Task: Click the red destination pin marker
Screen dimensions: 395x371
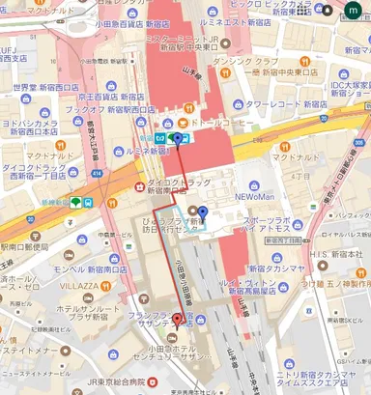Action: (x=176, y=323)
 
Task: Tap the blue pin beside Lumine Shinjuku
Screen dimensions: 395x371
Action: (x=176, y=139)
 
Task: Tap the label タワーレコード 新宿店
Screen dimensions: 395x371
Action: (x=286, y=103)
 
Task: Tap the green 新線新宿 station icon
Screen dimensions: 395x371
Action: (x=74, y=203)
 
